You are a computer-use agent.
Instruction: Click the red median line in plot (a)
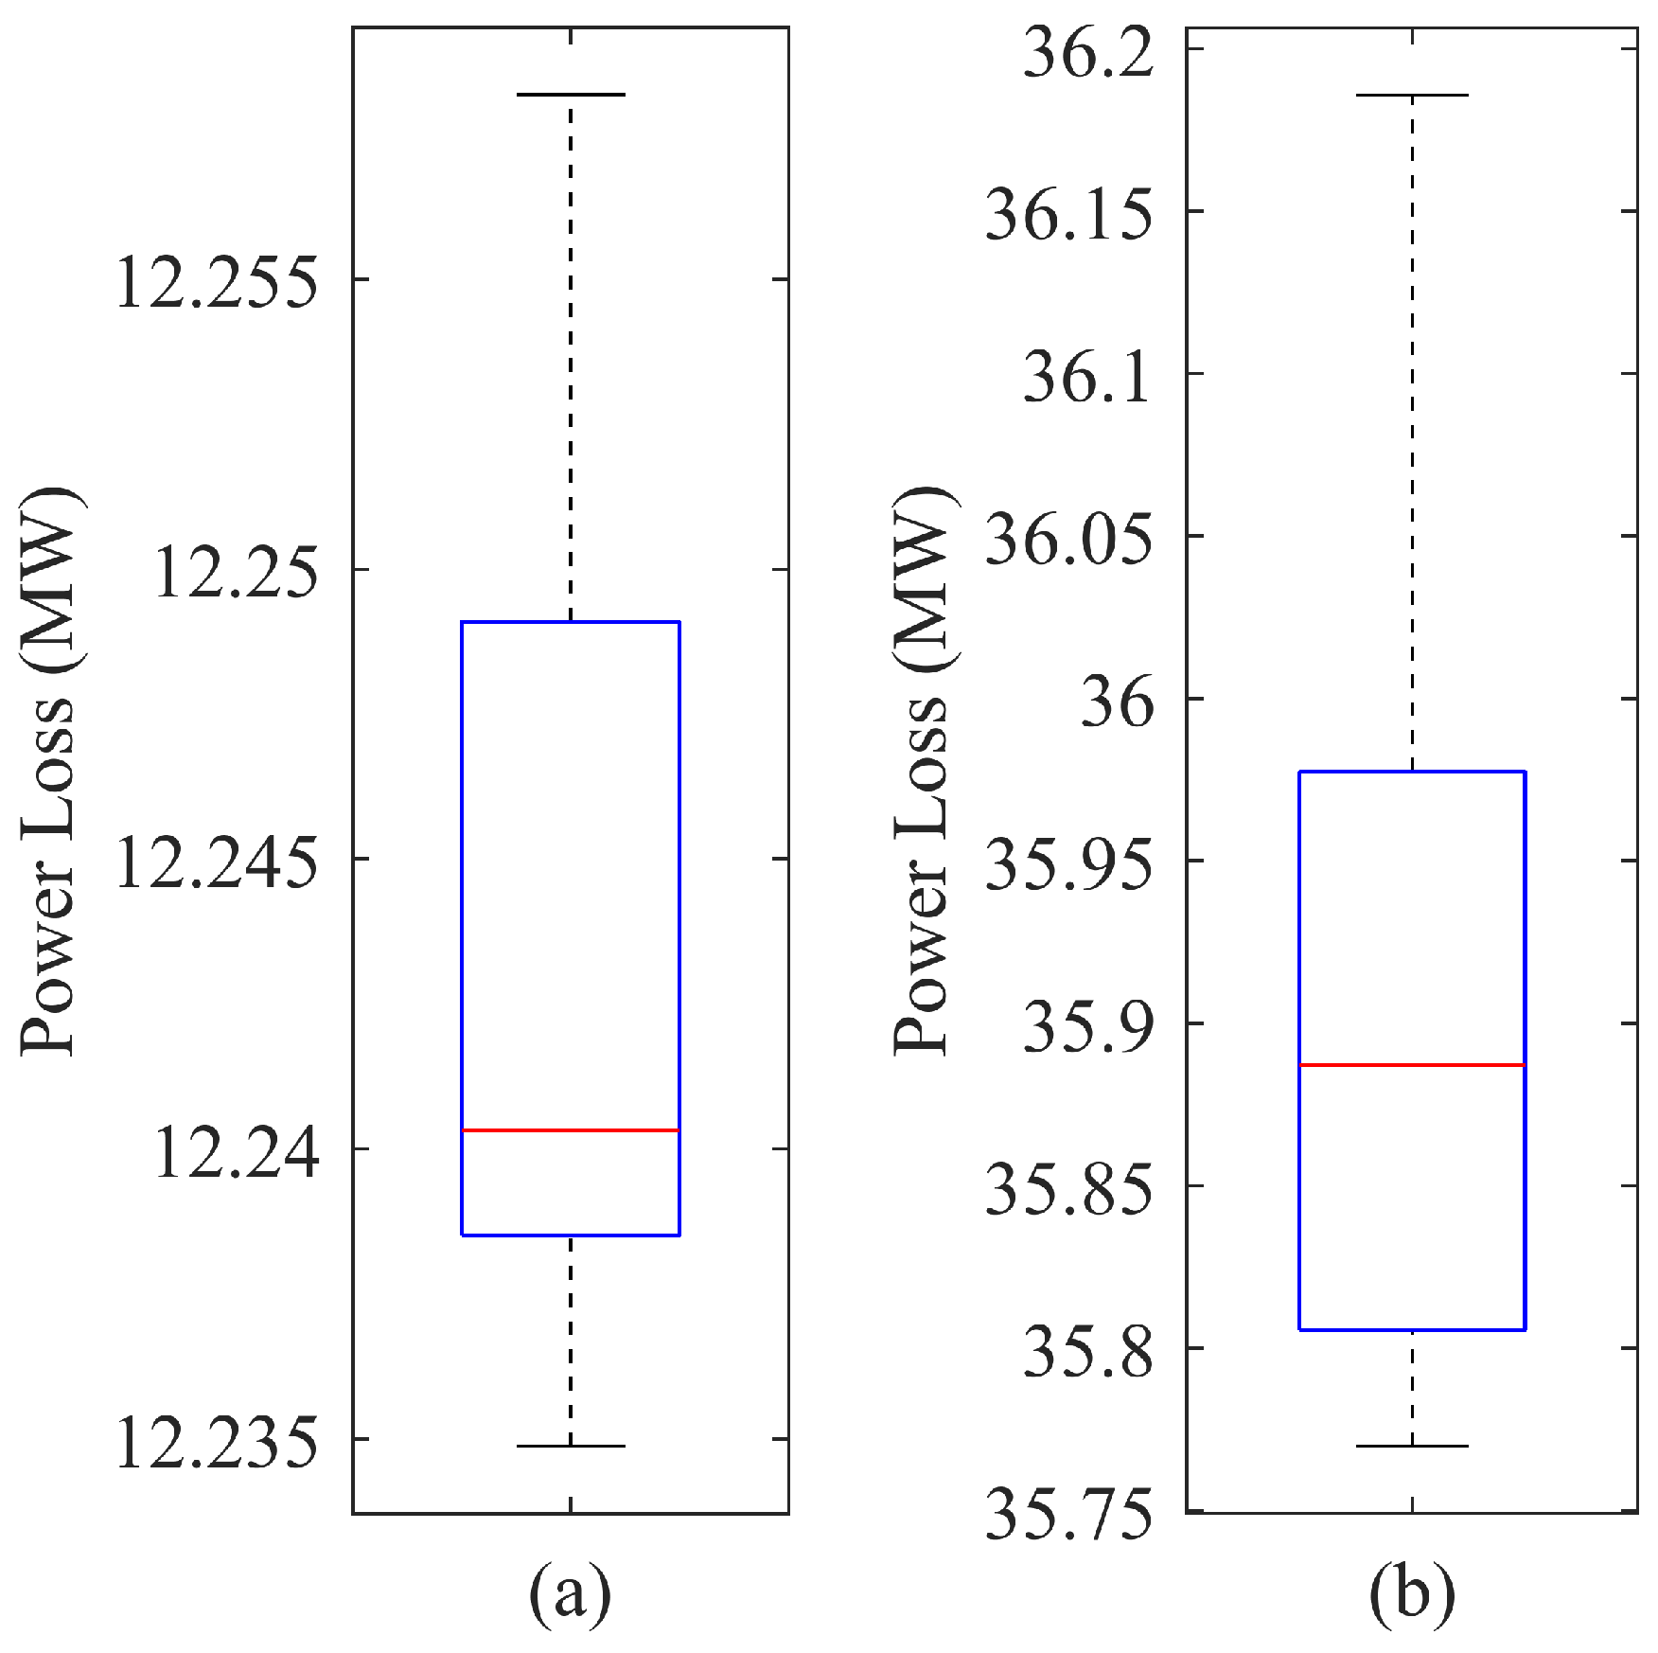point(571,1129)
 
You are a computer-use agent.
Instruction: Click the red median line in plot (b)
point(1412,1065)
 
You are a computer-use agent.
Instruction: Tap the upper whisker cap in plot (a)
point(571,95)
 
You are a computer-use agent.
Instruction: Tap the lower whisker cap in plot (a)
point(571,1446)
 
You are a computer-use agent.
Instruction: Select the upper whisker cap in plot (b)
point(1412,96)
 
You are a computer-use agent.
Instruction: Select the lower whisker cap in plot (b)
point(1412,1446)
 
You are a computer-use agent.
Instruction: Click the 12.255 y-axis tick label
point(216,281)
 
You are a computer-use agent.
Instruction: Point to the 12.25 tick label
point(235,572)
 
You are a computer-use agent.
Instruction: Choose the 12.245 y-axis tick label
point(216,862)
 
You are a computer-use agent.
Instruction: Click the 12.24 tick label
point(235,1152)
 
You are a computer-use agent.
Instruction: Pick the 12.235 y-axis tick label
point(216,1443)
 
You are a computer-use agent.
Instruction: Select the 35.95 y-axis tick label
point(1070,864)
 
